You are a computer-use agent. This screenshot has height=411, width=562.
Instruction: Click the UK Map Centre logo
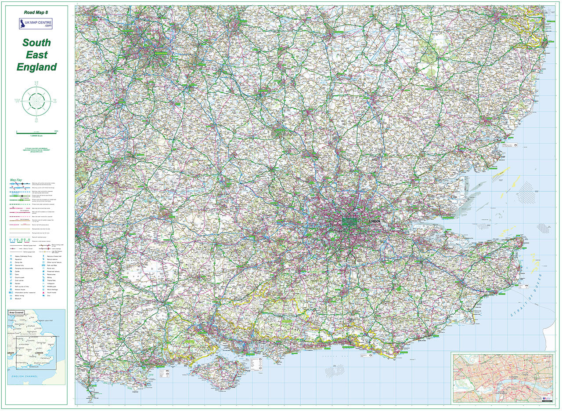tap(36, 24)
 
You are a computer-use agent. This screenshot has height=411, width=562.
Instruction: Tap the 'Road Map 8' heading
tap(36, 13)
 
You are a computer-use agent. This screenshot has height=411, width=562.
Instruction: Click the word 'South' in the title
tap(36, 43)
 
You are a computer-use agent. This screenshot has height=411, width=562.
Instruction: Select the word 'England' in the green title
tap(36, 67)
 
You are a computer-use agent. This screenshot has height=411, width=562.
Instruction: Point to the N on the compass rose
tap(37, 83)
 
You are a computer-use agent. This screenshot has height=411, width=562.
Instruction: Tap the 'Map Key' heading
tap(16, 179)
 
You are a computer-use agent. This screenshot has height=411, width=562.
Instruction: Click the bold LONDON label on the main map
tap(375, 221)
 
